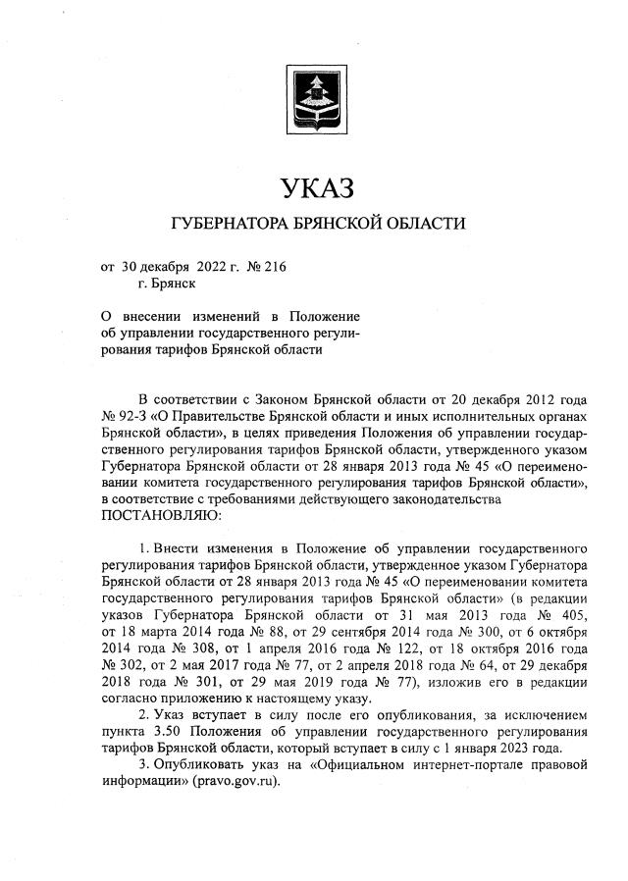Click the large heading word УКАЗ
coord(315,186)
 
